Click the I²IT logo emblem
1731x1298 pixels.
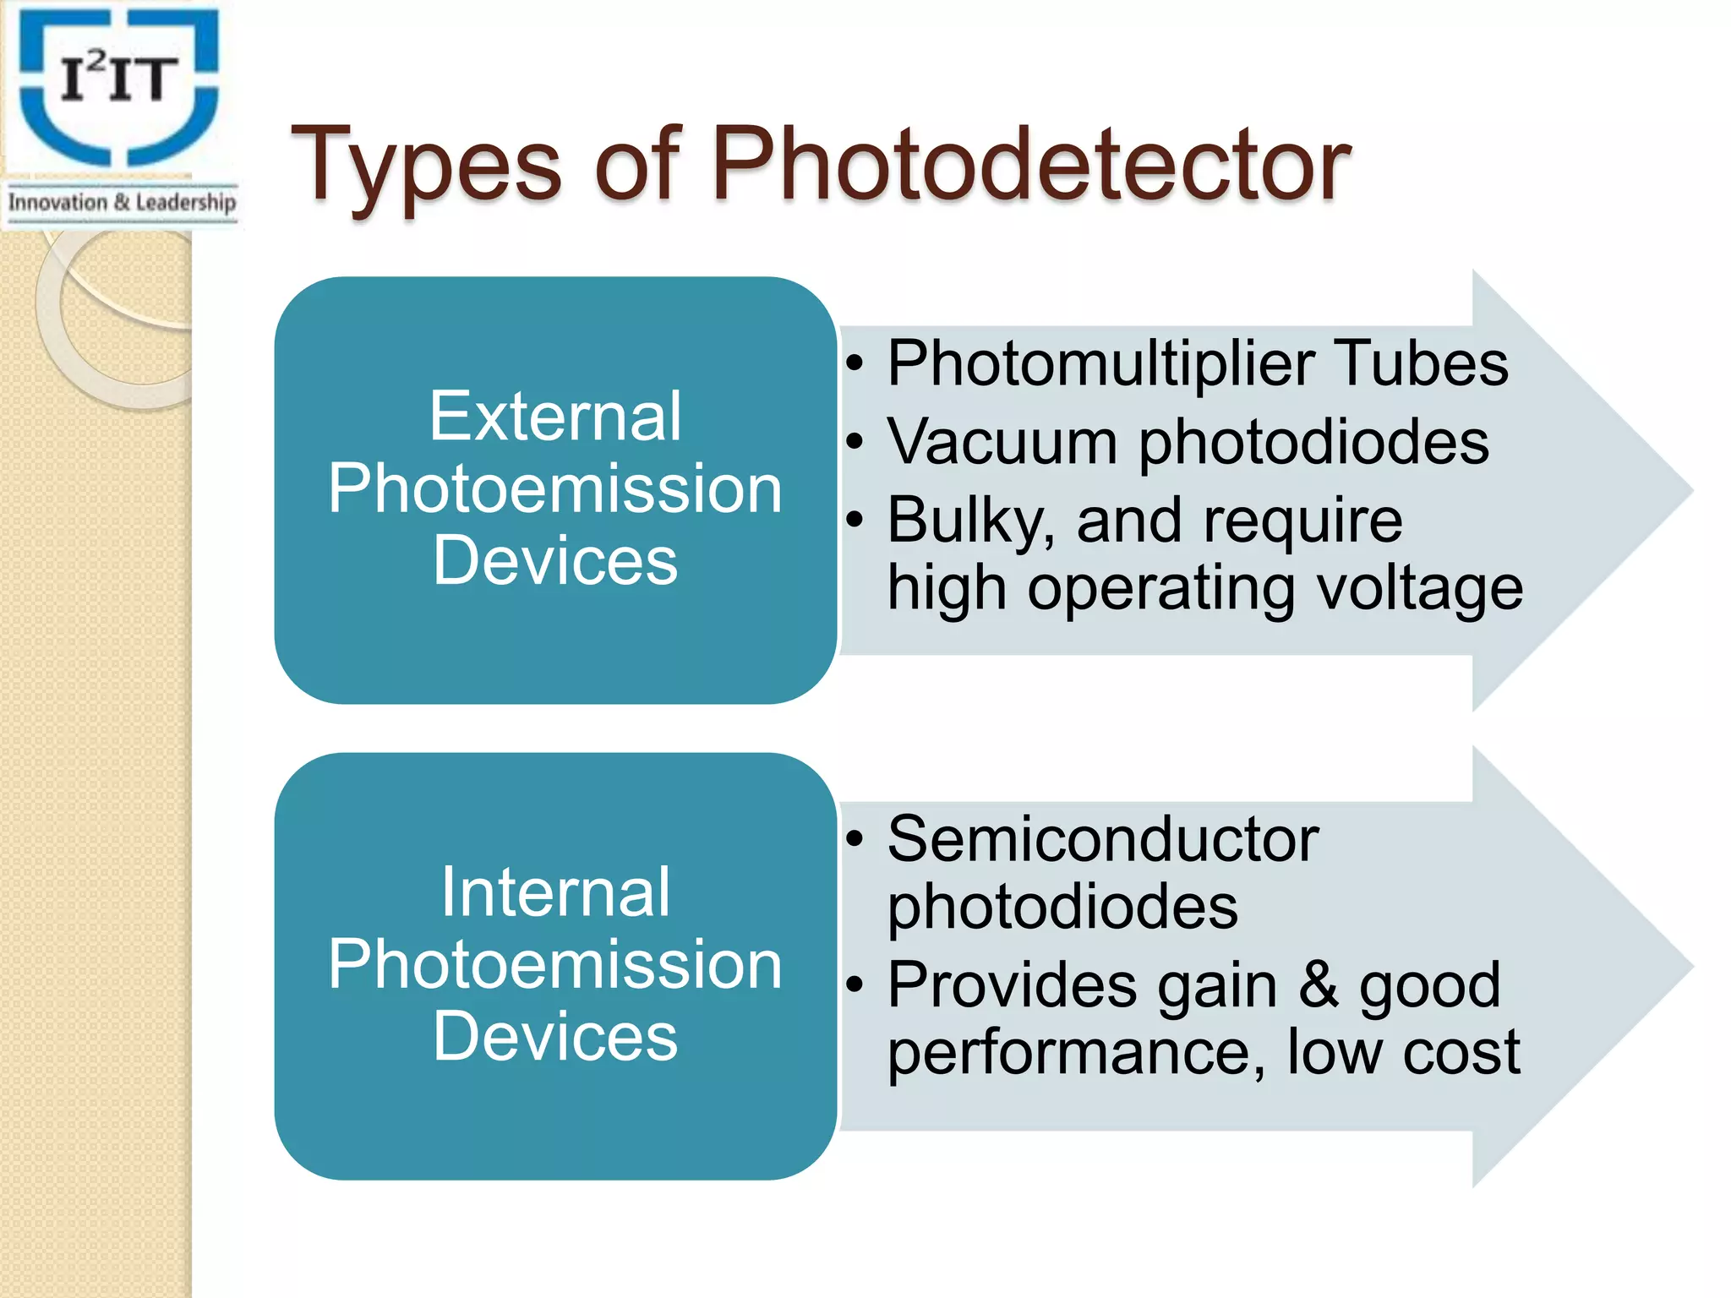(119, 85)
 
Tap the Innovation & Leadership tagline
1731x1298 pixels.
(122, 203)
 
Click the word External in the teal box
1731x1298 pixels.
(555, 416)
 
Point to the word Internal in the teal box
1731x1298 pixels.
(555, 892)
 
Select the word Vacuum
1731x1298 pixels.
(1002, 442)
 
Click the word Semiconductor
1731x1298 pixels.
(1103, 840)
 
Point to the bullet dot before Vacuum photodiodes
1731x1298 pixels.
(855, 443)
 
